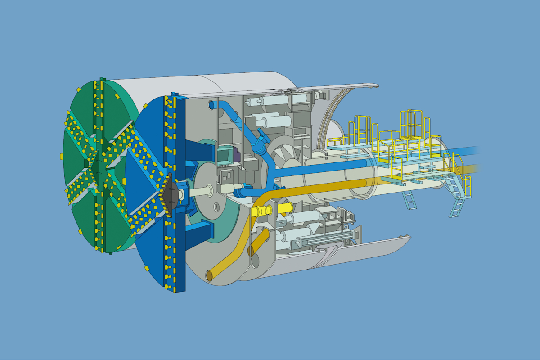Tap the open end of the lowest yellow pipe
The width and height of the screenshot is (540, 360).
[210, 275]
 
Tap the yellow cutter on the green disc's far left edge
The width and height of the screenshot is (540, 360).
[62, 156]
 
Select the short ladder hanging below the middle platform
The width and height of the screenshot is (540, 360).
[410, 200]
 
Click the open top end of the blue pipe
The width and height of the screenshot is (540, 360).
[212, 105]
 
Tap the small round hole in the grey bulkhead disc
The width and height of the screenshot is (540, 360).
[216, 207]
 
